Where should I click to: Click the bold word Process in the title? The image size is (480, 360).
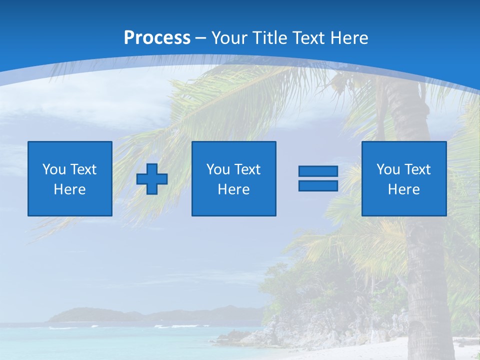pos(157,38)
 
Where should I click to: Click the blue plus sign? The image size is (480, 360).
pos(152,178)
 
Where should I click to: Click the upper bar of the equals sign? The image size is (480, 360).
pos(318,171)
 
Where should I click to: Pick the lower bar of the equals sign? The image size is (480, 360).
pos(318,185)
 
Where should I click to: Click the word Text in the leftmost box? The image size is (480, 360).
pos(83,169)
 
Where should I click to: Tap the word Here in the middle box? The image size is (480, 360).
pos(234,189)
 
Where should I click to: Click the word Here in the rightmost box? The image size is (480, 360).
pos(404,189)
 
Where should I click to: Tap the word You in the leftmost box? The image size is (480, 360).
pos(54,169)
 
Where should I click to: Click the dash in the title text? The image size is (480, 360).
pos(200,38)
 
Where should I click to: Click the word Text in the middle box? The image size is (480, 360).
pos(247,169)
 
